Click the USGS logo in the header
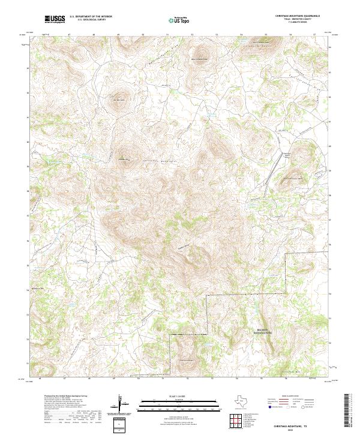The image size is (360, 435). pos(55,19)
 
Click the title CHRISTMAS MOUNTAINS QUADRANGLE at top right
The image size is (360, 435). pos(298,16)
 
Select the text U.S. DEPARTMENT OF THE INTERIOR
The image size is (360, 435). pos(91,17)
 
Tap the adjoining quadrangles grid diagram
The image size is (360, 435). pos(238,420)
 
